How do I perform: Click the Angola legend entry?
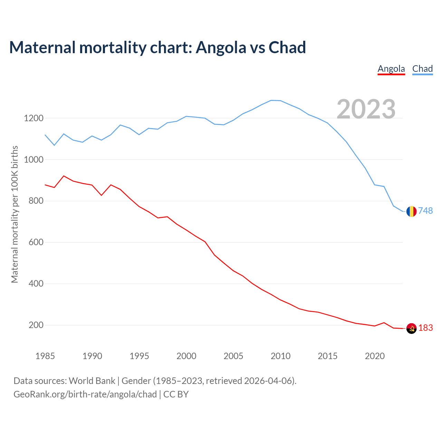(391, 69)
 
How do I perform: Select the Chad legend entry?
(422, 69)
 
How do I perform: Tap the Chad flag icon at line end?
(411, 211)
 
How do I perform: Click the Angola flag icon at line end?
(411, 329)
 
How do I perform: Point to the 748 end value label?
(425, 211)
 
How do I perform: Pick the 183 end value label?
(425, 328)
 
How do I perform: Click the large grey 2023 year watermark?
(366, 109)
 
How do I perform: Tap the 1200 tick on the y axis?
(33, 118)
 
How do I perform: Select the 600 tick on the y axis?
(36, 242)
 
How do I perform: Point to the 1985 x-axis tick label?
(45, 356)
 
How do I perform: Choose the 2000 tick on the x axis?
(186, 356)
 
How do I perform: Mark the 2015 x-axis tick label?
(328, 356)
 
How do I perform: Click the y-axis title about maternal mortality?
(15, 214)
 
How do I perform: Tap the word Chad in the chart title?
(287, 48)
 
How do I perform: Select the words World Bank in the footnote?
(92, 381)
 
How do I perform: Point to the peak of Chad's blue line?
(271, 100)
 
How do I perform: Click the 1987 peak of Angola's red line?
(64, 176)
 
